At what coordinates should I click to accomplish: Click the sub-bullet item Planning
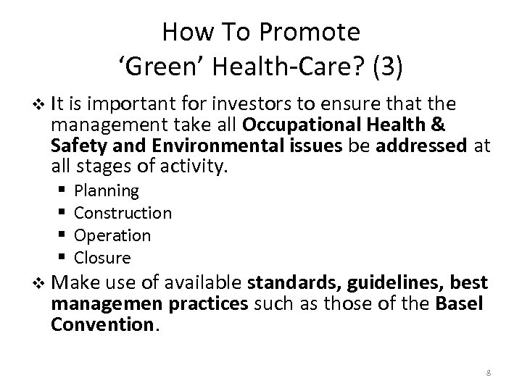[x=107, y=191]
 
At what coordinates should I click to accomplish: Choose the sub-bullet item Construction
[x=123, y=214]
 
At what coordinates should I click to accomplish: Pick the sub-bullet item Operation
[x=112, y=236]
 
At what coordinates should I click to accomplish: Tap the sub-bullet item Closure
[x=103, y=258]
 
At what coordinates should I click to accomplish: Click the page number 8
[x=489, y=372]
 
